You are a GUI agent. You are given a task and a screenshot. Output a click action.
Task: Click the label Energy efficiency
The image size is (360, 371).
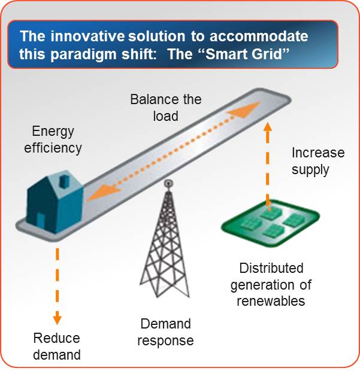(52, 139)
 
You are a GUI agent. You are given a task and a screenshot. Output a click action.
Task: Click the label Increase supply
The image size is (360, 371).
(317, 160)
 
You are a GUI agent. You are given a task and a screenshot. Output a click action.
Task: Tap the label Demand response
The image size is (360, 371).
(165, 332)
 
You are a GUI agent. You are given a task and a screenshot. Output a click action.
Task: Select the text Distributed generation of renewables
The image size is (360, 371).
(271, 284)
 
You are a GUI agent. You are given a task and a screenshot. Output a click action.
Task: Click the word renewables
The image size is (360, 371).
(271, 300)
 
